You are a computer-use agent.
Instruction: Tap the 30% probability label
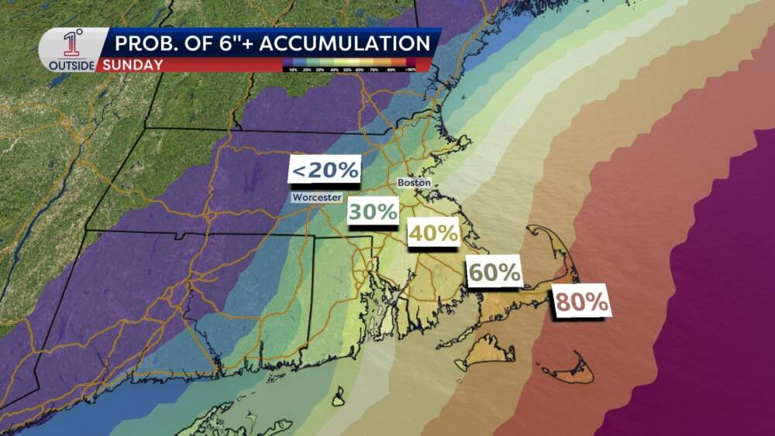373,211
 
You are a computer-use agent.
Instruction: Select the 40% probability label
433,232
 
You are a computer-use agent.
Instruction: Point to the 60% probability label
493,273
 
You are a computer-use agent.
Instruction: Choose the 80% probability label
582,302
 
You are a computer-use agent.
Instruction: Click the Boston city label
413,183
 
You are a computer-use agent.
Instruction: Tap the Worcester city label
316,197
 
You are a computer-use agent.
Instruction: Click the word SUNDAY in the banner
131,65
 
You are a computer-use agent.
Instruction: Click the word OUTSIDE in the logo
71,66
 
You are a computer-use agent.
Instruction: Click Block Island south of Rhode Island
339,398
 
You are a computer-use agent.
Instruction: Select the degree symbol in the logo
81,33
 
